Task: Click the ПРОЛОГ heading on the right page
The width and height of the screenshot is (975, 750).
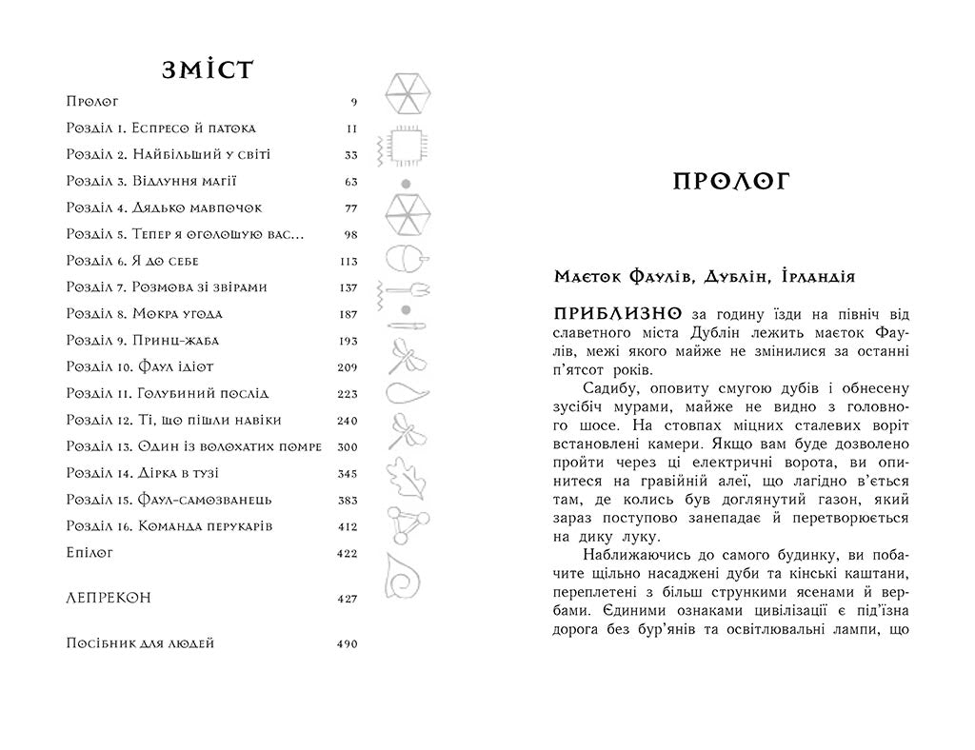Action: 731,182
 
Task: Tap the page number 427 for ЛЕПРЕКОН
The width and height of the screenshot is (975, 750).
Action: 347,599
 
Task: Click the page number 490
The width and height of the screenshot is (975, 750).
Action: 347,644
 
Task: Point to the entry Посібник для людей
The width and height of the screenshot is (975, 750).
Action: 141,643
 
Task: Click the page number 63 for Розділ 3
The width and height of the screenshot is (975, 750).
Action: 350,182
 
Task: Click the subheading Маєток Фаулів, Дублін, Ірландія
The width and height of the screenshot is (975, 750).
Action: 705,276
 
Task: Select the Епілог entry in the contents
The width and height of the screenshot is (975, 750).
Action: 91,552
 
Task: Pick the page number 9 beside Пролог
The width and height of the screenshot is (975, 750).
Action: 353,102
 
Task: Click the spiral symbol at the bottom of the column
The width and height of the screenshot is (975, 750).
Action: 406,575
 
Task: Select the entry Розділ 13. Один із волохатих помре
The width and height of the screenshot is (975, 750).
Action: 195,446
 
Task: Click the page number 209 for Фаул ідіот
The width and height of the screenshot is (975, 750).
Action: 347,367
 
